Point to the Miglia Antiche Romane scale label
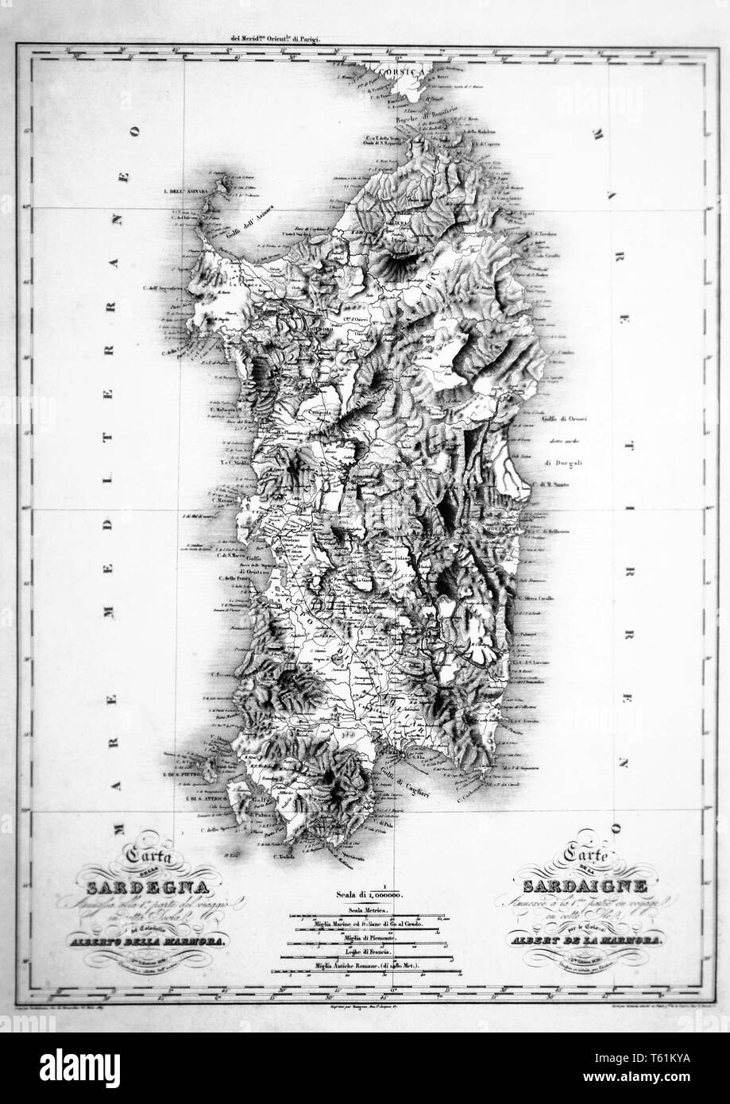tap(365, 965)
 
